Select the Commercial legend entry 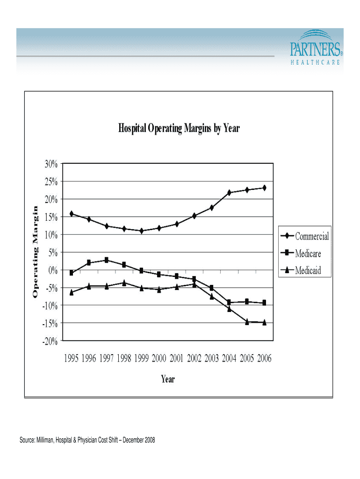click(x=311, y=236)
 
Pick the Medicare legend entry click(x=308, y=254)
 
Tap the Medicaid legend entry click(x=308, y=270)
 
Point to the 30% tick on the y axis click(x=49, y=164)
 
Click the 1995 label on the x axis click(x=71, y=358)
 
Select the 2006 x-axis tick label click(x=264, y=358)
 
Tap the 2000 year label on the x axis click(x=159, y=358)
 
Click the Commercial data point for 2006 click(x=264, y=188)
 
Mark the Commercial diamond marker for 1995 click(x=72, y=214)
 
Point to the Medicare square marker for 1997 click(x=107, y=260)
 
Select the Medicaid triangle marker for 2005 click(x=247, y=322)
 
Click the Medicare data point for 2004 click(x=229, y=302)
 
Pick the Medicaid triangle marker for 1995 click(x=72, y=292)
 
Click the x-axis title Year click(x=168, y=379)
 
